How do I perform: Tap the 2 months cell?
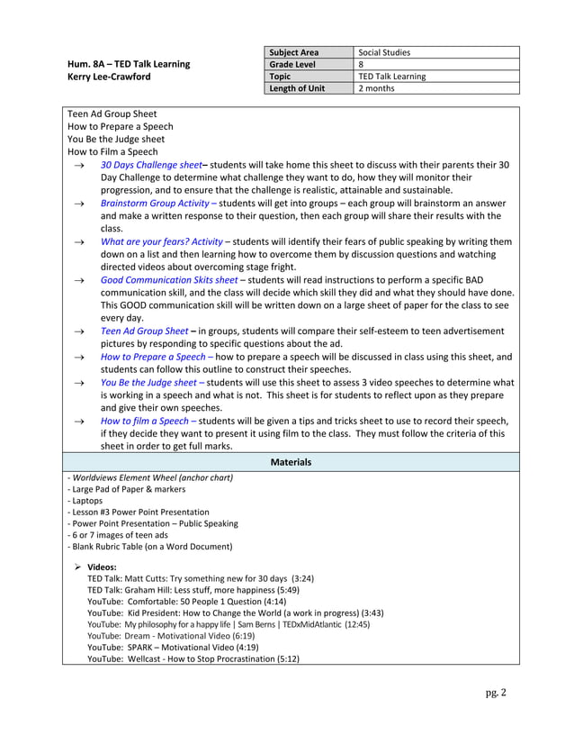pyautogui.click(x=377, y=87)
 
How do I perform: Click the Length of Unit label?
pyautogui.click(x=300, y=87)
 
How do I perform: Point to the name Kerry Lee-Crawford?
pyautogui.click(x=109, y=77)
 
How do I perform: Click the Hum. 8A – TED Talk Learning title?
pyautogui.click(x=129, y=64)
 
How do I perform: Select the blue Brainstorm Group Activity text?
pyautogui.click(x=154, y=203)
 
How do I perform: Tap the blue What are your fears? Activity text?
pyautogui.click(x=161, y=241)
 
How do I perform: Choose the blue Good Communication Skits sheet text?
pyautogui.click(x=169, y=279)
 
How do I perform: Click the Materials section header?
pyautogui.click(x=291, y=462)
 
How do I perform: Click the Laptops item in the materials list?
pyautogui.click(x=85, y=500)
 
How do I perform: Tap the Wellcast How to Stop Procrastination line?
pyautogui.click(x=193, y=658)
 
